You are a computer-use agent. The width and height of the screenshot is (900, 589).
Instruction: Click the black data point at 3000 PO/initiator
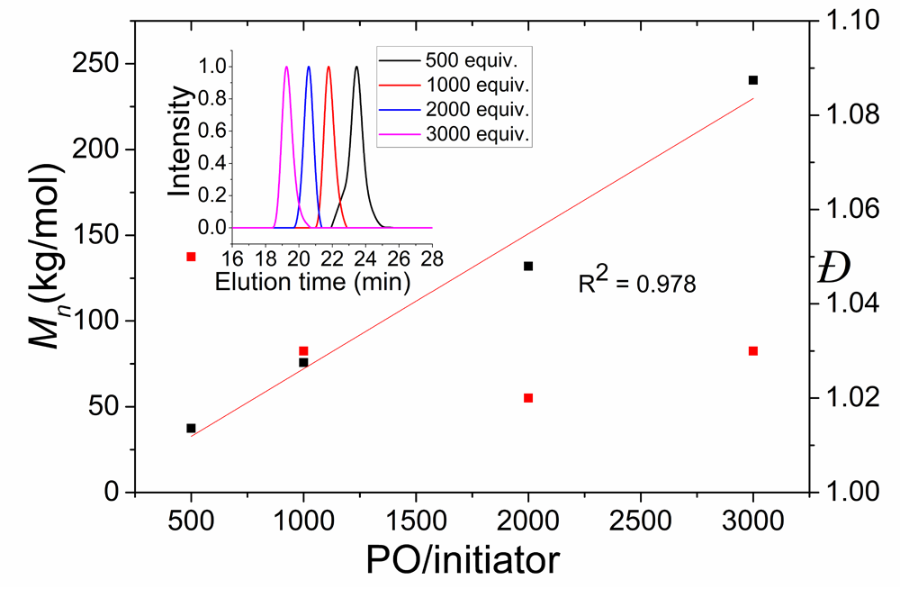[x=753, y=80]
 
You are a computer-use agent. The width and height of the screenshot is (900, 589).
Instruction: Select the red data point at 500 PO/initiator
[x=191, y=257]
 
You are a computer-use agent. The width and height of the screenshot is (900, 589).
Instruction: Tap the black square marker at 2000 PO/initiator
[x=528, y=266]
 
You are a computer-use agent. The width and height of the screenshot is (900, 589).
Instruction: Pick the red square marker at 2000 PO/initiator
[x=528, y=398]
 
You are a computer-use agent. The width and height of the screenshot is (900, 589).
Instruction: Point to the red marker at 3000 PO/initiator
[x=753, y=350]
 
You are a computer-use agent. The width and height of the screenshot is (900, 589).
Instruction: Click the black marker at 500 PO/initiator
[x=191, y=428]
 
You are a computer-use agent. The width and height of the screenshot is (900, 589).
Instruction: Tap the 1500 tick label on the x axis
[x=415, y=522]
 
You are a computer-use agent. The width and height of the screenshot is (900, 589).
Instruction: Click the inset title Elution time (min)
[x=313, y=281]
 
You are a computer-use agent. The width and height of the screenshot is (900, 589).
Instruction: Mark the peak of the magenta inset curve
[x=286, y=67]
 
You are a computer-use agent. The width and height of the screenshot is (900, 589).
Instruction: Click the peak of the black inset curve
[x=356, y=67]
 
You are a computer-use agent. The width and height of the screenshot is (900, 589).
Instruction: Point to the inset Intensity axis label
[x=182, y=143]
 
